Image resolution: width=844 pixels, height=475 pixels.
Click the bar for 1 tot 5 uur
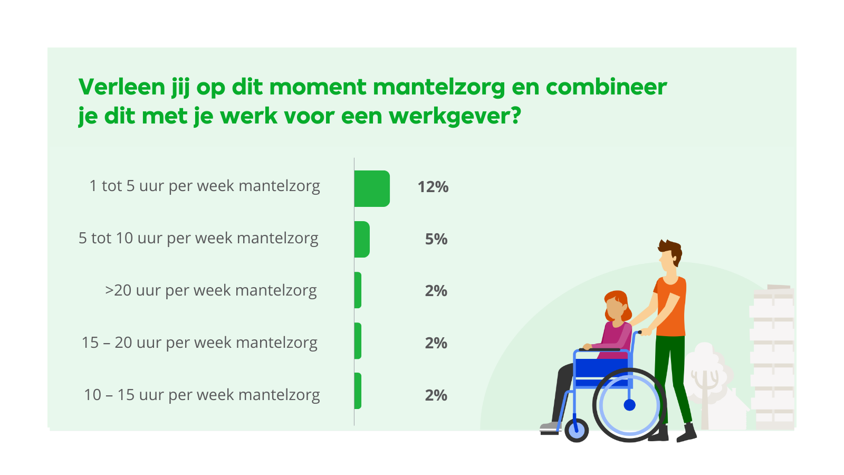pyautogui.click(x=372, y=188)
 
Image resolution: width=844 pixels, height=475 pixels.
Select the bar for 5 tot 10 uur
pyautogui.click(x=362, y=239)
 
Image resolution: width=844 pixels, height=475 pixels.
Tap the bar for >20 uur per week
pyautogui.click(x=358, y=290)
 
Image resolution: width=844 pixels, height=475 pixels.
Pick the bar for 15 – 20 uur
pyautogui.click(x=358, y=341)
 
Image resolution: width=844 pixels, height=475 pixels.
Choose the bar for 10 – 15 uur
pyautogui.click(x=358, y=391)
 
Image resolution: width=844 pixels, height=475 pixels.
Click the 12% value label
pyautogui.click(x=433, y=187)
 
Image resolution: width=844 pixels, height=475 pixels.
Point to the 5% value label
pyautogui.click(x=436, y=239)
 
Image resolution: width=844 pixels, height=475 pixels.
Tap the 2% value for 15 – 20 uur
pyautogui.click(x=436, y=343)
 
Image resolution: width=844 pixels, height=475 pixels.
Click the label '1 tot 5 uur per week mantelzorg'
pyautogui.click(x=205, y=186)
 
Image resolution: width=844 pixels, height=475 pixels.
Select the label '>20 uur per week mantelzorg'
pyautogui.click(x=211, y=291)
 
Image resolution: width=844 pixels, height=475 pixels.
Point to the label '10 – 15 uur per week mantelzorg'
pyautogui.click(x=202, y=395)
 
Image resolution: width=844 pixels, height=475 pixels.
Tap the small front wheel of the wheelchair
pyautogui.click(x=577, y=430)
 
